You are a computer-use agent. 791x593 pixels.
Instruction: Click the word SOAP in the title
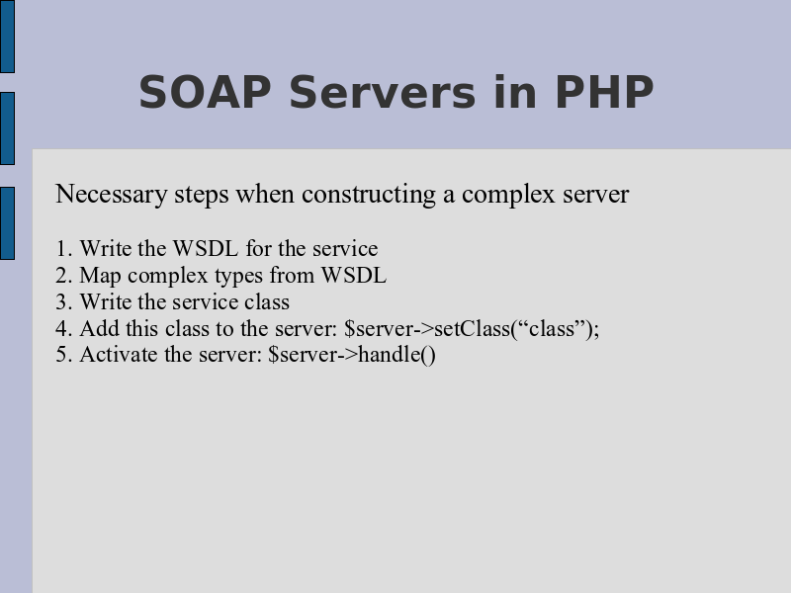(x=205, y=92)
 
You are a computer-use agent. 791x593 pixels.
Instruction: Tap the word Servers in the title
(x=383, y=92)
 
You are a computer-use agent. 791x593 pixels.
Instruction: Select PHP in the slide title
(x=604, y=92)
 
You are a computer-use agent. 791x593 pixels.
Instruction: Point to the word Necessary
(x=112, y=195)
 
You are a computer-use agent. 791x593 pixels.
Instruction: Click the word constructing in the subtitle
(x=369, y=195)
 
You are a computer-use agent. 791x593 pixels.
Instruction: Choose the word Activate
(x=118, y=354)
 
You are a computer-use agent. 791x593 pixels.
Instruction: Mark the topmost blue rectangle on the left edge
(x=7, y=37)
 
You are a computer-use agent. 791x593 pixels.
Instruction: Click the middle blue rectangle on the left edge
(x=7, y=128)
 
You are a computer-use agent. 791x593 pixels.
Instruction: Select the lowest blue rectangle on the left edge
(x=7, y=223)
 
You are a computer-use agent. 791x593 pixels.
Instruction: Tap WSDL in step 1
(x=206, y=249)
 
